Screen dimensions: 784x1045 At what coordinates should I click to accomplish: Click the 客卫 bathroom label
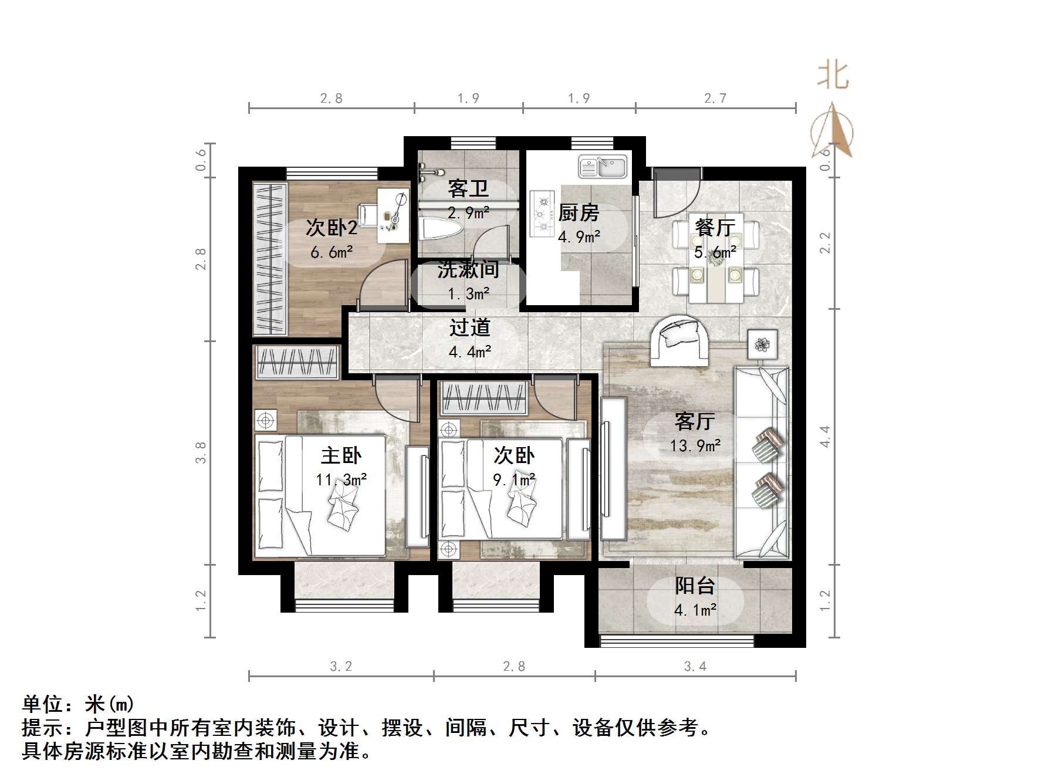468,188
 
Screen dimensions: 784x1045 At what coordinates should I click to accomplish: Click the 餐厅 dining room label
715,227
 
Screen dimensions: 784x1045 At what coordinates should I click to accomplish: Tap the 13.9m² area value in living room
695,446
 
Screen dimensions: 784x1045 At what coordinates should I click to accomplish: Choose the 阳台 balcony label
695,586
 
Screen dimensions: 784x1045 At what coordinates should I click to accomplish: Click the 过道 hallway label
469,327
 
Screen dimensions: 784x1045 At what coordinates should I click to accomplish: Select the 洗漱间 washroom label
468,270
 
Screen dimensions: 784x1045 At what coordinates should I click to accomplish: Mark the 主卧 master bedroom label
341,455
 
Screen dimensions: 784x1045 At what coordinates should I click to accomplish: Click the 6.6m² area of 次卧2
332,252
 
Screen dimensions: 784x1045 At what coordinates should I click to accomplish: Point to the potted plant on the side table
762,344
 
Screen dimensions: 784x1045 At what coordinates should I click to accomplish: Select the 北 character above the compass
833,76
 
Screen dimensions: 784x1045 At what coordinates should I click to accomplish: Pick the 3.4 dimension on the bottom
695,666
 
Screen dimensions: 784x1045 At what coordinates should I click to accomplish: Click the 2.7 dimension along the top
715,99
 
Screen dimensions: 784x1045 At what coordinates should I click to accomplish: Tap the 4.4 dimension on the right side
825,437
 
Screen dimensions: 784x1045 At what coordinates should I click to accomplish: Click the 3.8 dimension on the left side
201,452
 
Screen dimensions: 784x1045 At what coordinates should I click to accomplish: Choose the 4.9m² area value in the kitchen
579,237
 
